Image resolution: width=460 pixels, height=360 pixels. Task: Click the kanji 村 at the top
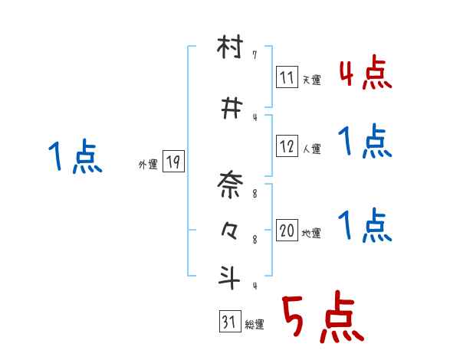tap(230, 47)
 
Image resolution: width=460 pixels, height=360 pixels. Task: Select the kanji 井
tap(232, 108)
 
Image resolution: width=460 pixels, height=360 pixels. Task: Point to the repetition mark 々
tap(229, 231)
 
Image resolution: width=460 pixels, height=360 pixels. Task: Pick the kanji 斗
tap(229, 277)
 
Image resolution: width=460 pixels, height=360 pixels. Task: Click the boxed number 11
tap(287, 77)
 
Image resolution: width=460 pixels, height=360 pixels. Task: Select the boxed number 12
tap(287, 146)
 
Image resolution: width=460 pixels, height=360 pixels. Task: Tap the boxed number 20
tap(287, 230)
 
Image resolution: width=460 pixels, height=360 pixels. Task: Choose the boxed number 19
tap(173, 161)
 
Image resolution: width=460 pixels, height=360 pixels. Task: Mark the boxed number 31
tap(230, 321)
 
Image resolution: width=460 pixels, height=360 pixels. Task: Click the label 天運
tap(311, 80)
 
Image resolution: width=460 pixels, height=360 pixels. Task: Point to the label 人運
tap(311, 149)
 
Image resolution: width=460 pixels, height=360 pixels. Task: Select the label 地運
tap(311, 233)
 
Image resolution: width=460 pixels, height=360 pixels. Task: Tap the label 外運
tap(148, 165)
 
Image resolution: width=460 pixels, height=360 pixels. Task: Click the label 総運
tap(255, 324)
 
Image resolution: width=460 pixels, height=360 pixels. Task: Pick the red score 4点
tap(366, 73)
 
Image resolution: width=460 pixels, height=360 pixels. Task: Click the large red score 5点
tap(324, 316)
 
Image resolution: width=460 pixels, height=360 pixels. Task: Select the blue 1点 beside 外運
tap(75, 156)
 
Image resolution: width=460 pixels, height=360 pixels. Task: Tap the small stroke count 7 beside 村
tap(255, 55)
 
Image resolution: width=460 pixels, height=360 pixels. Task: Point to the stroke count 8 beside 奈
tap(255, 194)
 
